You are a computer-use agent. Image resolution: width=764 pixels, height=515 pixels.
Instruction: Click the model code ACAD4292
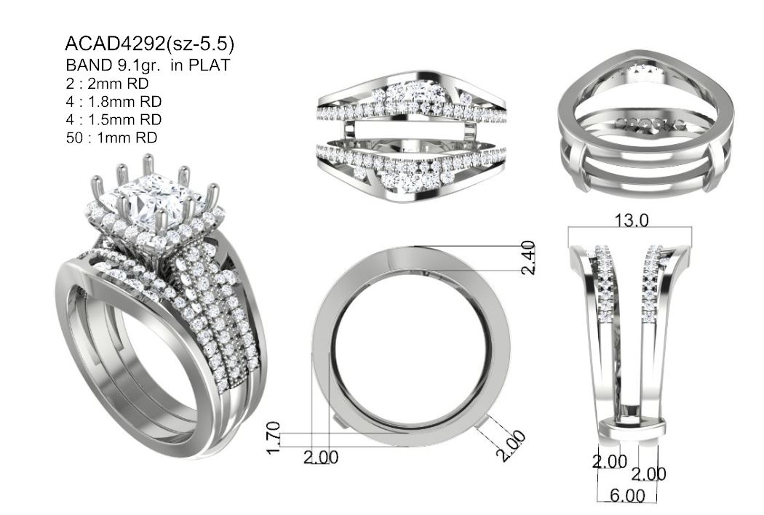[x=115, y=44]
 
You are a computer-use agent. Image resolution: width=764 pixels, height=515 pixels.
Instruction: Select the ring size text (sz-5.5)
[x=200, y=45]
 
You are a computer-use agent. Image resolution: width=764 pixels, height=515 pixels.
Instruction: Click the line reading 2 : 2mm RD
[x=107, y=84]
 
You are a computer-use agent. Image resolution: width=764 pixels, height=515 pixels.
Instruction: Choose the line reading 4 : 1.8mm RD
[x=114, y=101]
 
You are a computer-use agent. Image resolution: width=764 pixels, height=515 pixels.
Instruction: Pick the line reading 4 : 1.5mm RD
[x=114, y=119]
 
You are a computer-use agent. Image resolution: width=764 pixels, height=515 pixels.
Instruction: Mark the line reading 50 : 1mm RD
[x=111, y=137]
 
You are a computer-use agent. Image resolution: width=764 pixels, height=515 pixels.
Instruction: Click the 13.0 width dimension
[x=631, y=220]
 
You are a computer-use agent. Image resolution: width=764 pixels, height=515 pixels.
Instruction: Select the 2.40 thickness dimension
[x=528, y=257]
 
